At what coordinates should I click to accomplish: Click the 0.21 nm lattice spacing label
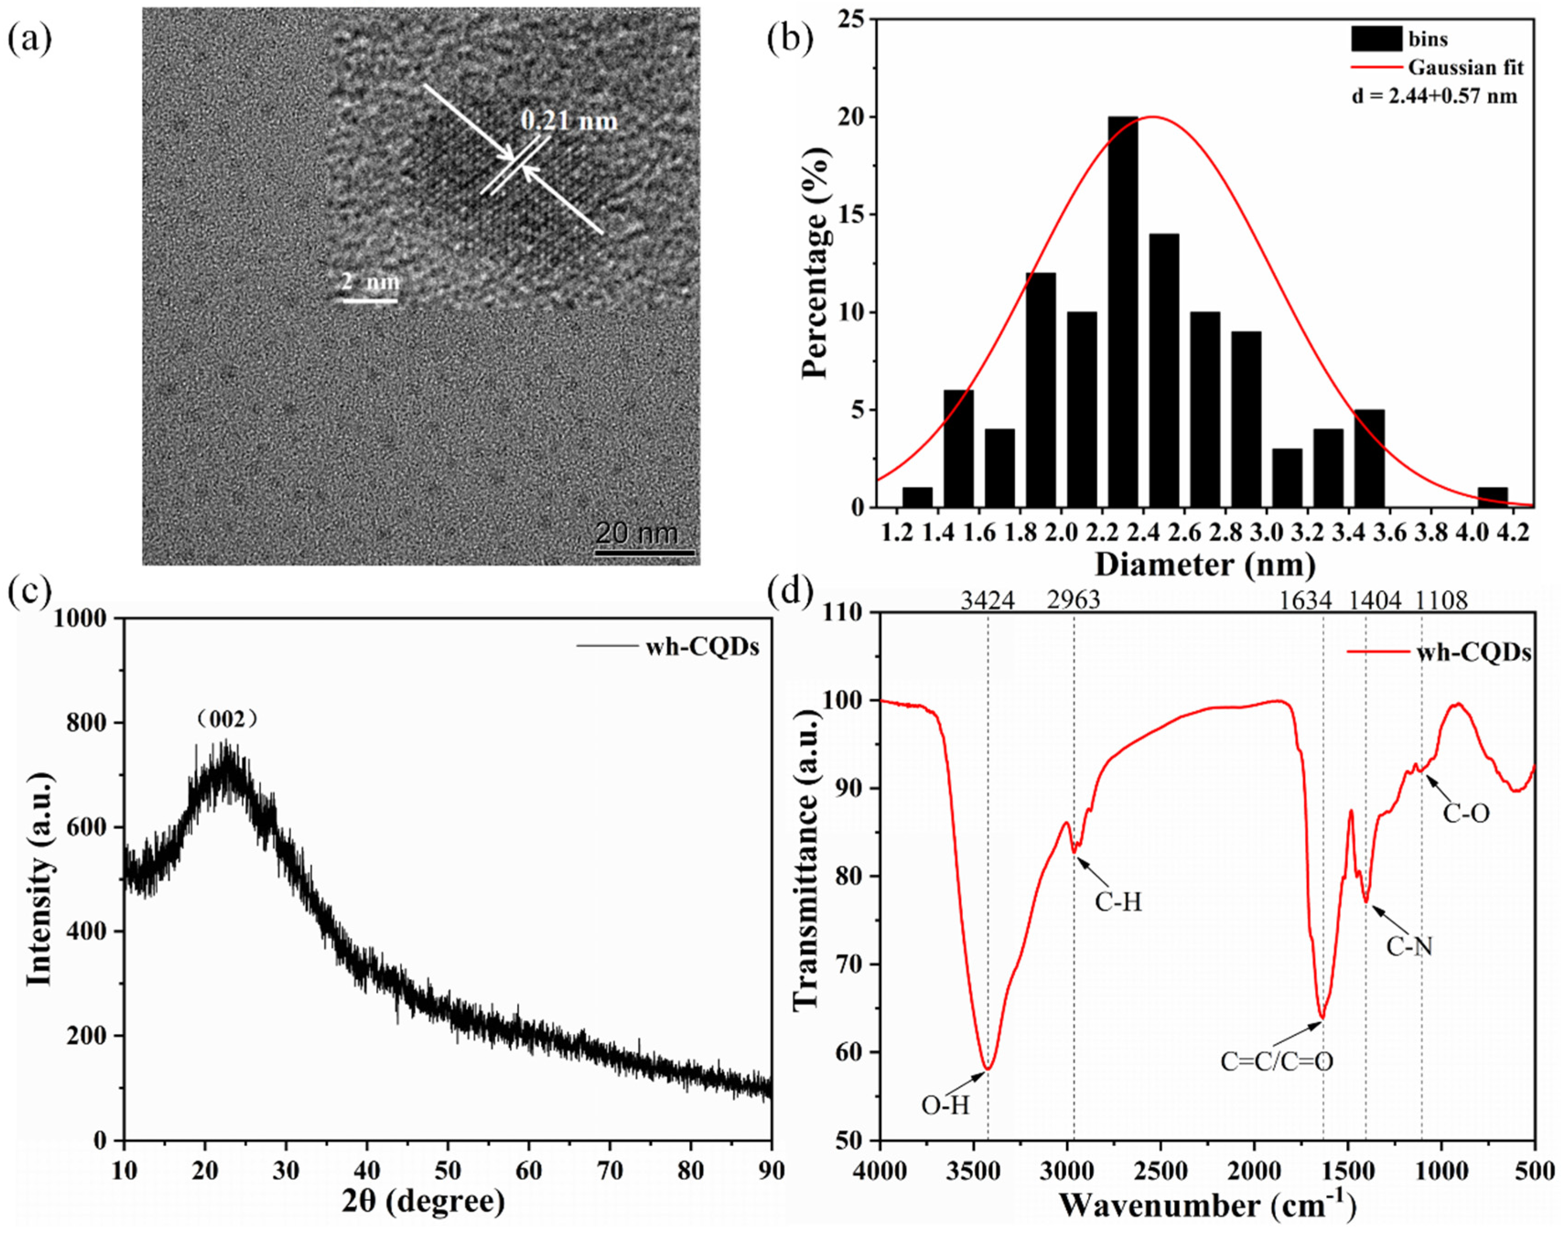tap(569, 121)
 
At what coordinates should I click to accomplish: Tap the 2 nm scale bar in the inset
tap(370, 300)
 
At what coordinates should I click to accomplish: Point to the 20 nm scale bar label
tap(637, 534)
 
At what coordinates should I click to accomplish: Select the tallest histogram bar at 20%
tap(1123, 312)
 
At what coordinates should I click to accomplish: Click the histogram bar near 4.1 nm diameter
tap(1493, 498)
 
